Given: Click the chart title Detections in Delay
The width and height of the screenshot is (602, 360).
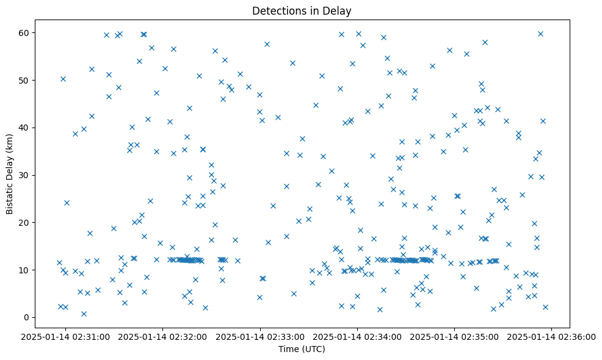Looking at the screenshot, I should click(302, 11).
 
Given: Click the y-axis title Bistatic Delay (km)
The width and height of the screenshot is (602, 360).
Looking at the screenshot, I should click(10, 175).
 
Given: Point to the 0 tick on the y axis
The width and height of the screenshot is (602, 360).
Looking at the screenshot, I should click(27, 317).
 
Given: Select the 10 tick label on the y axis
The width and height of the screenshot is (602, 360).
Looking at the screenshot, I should click(25, 270).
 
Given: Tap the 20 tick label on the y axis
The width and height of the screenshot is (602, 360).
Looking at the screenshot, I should click(25, 223).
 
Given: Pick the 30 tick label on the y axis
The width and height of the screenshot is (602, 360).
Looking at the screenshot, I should click(25, 175).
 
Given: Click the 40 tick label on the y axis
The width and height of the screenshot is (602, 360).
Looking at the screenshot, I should click(25, 128).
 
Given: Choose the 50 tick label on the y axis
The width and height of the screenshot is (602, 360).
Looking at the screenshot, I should click(25, 81).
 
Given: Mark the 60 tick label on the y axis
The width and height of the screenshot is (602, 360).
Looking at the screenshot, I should click(25, 33).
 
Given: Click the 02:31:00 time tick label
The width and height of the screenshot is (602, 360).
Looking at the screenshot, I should click(66, 336).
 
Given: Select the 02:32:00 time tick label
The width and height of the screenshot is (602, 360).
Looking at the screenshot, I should click(163, 336).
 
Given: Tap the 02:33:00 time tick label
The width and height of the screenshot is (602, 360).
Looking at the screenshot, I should click(261, 336).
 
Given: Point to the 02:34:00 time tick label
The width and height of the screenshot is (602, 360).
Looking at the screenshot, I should click(358, 336).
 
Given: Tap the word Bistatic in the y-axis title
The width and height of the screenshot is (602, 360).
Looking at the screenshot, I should click(10, 198).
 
